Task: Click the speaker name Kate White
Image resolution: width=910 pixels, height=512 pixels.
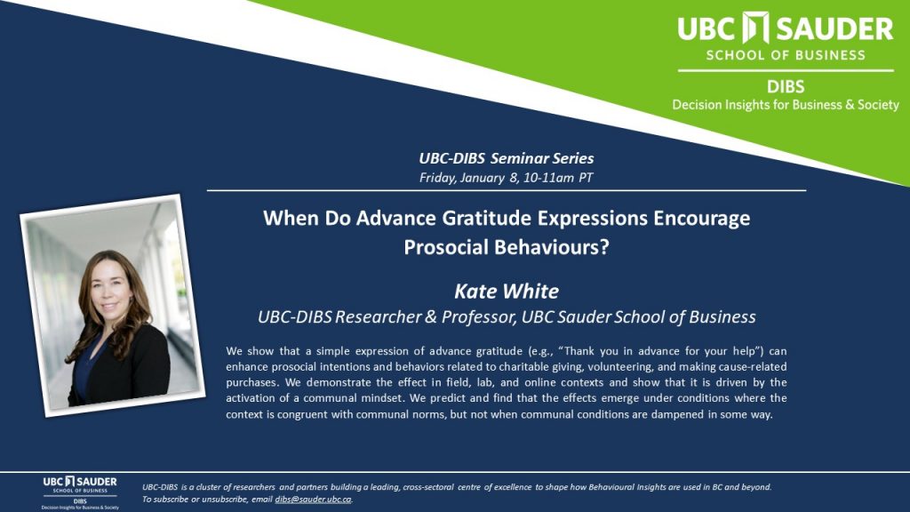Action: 506,291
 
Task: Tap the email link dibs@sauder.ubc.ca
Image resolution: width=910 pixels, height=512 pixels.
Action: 314,500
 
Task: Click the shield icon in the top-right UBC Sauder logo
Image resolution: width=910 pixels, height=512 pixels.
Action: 756,28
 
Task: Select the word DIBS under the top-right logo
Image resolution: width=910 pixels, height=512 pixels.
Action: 786,87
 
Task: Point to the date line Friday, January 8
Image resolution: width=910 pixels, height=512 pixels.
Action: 469,178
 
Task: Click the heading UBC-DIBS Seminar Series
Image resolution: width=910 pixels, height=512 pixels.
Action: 506,158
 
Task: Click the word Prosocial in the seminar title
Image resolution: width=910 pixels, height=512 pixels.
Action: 446,247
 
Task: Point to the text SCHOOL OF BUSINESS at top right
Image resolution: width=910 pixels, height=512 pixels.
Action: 786,55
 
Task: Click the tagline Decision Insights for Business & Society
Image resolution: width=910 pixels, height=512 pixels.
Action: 786,105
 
